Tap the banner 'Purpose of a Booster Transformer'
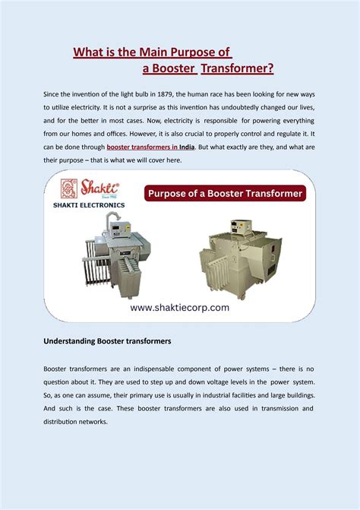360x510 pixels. coord(224,193)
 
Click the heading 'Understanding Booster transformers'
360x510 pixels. coord(106,341)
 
